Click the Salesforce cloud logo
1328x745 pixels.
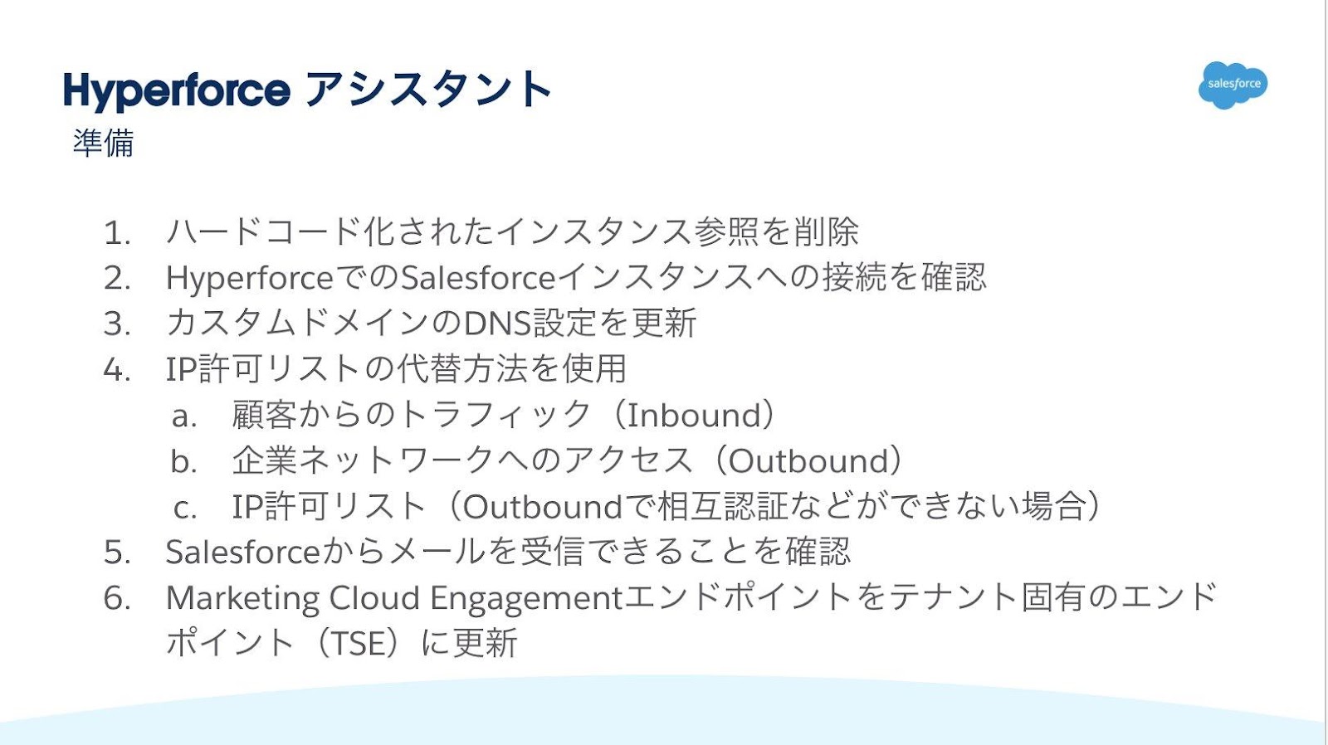coord(1233,85)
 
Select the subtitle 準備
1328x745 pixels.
coord(103,144)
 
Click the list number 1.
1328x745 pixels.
coord(117,233)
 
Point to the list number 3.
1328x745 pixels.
coord(117,324)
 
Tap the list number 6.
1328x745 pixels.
coord(117,598)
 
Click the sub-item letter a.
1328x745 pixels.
coord(183,416)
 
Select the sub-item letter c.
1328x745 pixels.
coord(184,507)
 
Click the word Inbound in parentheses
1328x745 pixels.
coord(694,416)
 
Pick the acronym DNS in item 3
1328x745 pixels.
coord(497,324)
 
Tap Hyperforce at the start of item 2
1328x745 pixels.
coord(249,279)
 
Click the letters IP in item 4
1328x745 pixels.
coord(181,370)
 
